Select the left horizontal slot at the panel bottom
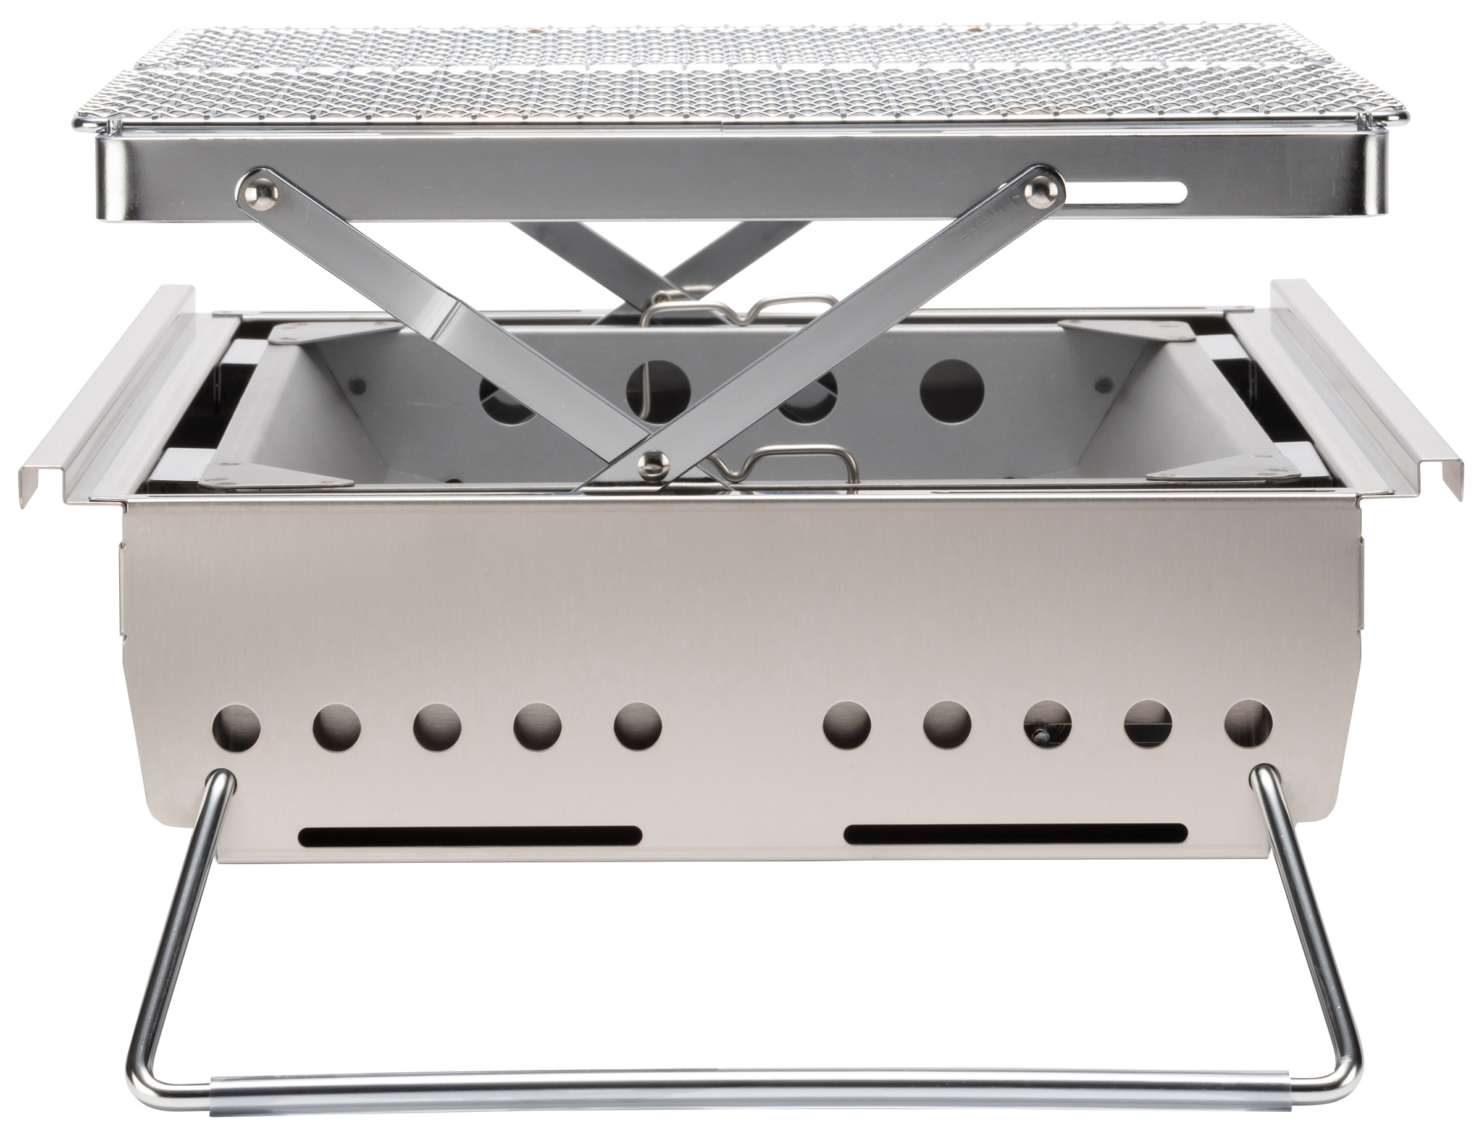click(471, 836)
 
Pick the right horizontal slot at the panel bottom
click(1016, 833)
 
